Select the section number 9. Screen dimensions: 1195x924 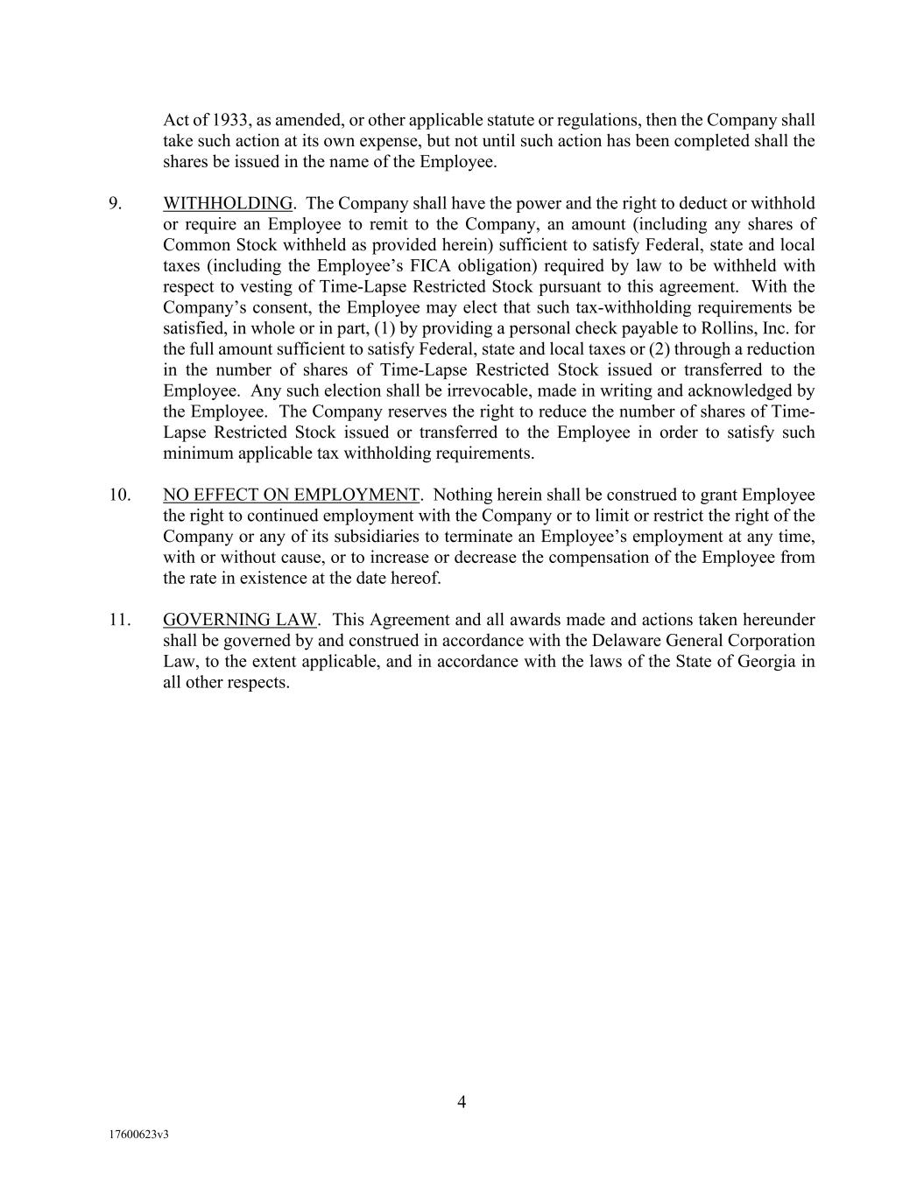coord(115,203)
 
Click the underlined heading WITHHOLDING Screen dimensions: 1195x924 coord(228,203)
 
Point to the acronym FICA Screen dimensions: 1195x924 coord(434,265)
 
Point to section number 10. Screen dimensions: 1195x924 coord(119,495)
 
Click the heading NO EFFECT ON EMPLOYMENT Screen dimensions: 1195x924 coord(291,495)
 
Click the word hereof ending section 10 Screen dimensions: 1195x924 coord(417,578)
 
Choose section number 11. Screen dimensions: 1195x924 coord(119,620)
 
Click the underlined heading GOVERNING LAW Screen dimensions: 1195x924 coord(240,620)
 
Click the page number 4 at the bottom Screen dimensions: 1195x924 coord(462,1102)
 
